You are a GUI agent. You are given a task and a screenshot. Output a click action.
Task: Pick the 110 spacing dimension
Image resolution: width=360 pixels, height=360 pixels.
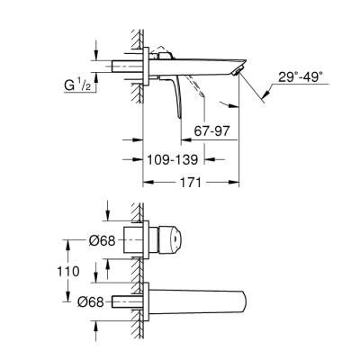[x=81, y=270]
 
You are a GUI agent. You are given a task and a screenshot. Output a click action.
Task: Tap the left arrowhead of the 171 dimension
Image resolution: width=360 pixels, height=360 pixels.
[x=146, y=184]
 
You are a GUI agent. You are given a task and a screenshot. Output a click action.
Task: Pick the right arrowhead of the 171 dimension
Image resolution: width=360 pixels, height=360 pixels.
[x=236, y=184]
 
